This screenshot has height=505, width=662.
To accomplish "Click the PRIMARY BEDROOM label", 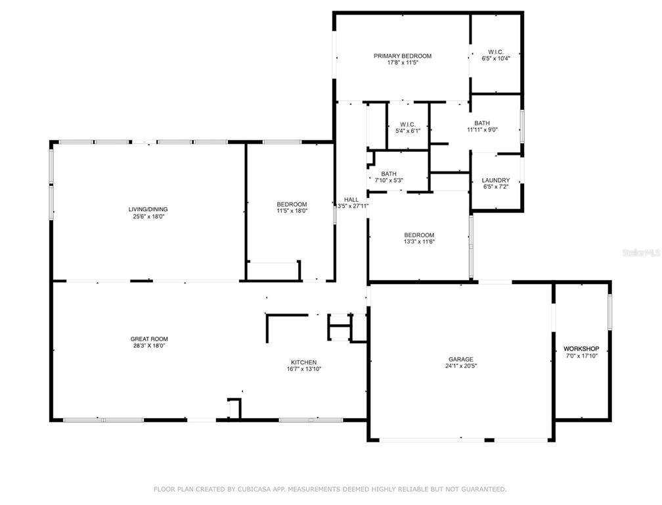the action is click(x=403, y=56).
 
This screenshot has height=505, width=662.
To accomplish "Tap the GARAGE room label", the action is click(x=460, y=359).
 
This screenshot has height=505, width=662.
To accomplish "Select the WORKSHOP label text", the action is click(x=581, y=349).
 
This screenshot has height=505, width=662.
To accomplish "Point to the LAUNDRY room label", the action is click(x=496, y=180).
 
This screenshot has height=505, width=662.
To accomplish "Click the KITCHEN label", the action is click(x=303, y=362).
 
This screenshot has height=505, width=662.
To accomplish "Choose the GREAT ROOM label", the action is click(x=149, y=339).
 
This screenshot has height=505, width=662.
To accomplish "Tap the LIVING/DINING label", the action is click(x=148, y=209).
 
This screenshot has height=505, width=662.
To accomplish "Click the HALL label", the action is click(x=351, y=199).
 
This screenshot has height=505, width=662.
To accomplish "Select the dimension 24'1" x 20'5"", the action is click(x=460, y=366).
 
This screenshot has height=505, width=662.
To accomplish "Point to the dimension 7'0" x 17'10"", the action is click(x=581, y=356).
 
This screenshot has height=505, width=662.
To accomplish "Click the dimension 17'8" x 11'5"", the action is click(x=403, y=62).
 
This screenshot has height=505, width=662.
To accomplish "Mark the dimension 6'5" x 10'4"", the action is click(x=496, y=59).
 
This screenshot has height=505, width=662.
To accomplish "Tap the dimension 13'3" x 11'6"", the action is click(x=419, y=242).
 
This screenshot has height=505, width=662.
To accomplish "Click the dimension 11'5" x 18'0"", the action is click(x=292, y=210).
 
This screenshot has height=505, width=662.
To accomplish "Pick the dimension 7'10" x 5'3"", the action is click(x=389, y=180).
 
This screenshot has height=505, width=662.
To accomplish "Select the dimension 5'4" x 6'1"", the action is click(x=407, y=131).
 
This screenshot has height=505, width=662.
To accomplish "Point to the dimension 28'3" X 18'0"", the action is click(x=149, y=345).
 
